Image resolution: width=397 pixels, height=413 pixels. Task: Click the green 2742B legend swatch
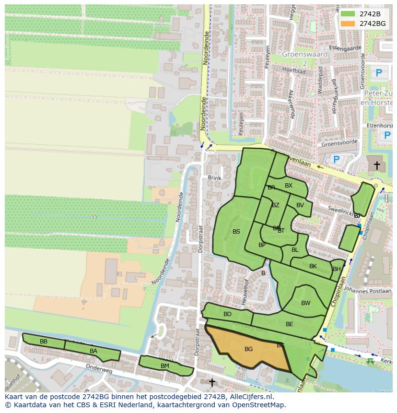348,14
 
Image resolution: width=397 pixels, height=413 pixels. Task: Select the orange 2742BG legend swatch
348,24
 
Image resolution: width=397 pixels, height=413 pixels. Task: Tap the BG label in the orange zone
248,349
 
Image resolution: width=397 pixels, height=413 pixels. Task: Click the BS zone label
236,232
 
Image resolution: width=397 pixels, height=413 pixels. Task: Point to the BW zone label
305,303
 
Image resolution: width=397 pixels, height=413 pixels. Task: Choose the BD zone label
227,314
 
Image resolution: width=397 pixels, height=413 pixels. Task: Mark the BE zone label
289,324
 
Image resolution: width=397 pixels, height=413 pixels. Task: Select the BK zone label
313,266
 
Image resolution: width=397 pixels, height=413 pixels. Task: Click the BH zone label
337,269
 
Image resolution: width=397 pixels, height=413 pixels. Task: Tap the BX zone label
289,186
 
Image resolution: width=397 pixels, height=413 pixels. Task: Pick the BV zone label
300,205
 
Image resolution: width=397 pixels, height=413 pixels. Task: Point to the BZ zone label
275,205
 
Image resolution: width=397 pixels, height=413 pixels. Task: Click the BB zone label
44,342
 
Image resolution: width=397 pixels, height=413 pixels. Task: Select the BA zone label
93,351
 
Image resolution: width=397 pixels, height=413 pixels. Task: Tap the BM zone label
165,366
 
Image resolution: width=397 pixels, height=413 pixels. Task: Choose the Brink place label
215,178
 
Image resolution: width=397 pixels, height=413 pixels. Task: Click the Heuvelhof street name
246,288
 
